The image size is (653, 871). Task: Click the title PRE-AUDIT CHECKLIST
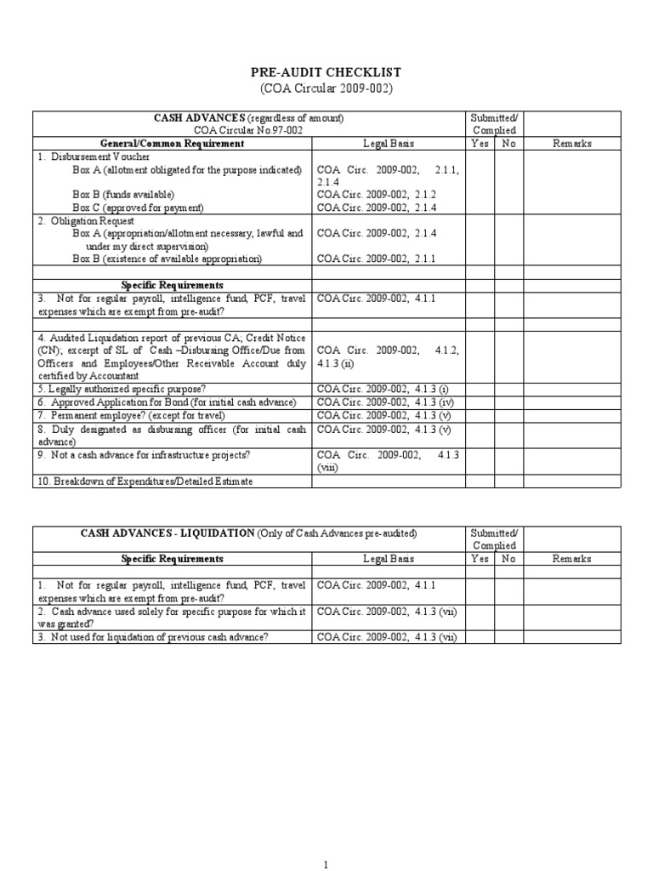[x=326, y=73]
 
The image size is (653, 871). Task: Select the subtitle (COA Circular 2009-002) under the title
[x=326, y=89]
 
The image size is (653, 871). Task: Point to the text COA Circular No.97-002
[x=247, y=130]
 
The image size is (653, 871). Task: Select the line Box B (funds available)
[x=123, y=194]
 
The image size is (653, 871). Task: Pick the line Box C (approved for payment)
[x=138, y=207]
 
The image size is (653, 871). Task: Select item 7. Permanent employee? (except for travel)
[x=130, y=415]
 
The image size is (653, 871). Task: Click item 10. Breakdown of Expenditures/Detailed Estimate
[x=145, y=481]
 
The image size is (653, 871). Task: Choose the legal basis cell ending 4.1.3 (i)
[x=383, y=389]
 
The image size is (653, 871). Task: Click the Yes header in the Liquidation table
[x=480, y=559]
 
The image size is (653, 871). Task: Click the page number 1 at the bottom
[x=326, y=864]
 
